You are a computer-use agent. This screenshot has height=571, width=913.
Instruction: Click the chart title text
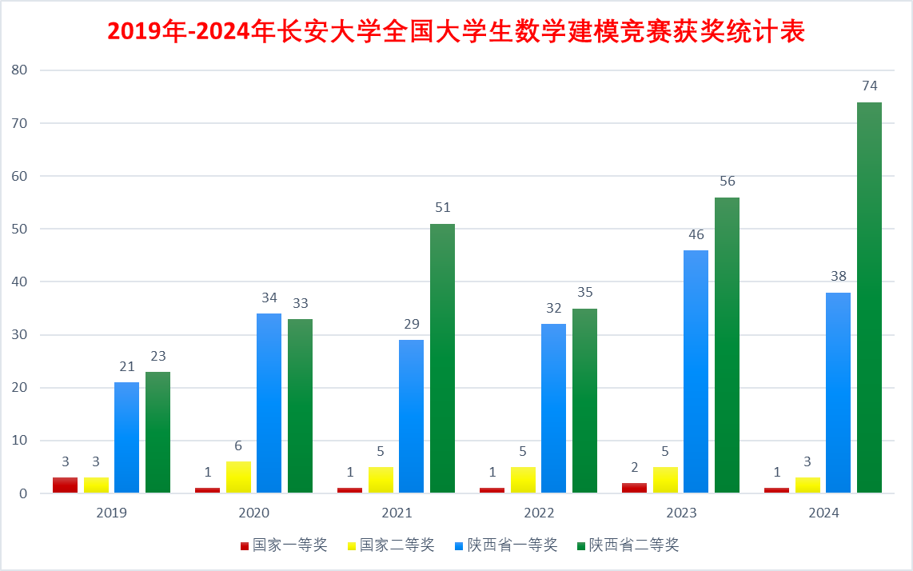click(x=456, y=31)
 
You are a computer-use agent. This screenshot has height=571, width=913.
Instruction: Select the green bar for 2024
click(x=869, y=297)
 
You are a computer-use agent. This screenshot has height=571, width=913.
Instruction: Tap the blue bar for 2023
click(x=696, y=371)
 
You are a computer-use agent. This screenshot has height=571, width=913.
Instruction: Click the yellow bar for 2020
click(x=238, y=477)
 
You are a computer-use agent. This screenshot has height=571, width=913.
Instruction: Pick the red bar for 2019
click(x=65, y=485)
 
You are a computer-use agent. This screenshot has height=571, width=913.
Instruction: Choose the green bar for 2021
click(x=442, y=358)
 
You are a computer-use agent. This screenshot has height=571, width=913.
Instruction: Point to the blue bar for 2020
click(x=269, y=403)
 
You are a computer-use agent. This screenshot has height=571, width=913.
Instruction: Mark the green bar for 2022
click(x=584, y=400)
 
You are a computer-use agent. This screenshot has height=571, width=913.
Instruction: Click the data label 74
click(x=870, y=86)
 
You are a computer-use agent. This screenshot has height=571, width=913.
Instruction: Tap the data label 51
click(x=442, y=207)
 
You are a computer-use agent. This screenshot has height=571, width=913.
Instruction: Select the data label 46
click(x=696, y=234)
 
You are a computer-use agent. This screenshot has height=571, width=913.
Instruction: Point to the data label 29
click(x=411, y=324)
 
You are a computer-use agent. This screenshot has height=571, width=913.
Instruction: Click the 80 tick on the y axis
click(x=20, y=70)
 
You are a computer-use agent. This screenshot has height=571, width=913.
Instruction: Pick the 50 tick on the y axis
click(x=20, y=229)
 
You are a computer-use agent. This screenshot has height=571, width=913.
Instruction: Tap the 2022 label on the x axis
click(x=539, y=513)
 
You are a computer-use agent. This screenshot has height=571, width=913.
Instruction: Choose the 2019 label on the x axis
click(x=111, y=513)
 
